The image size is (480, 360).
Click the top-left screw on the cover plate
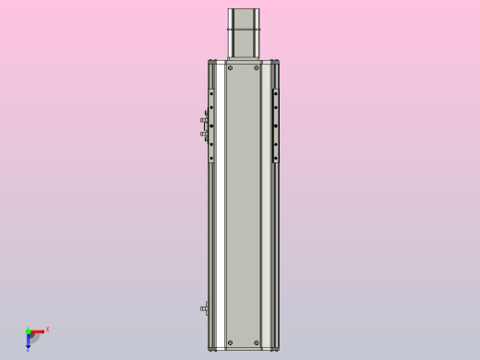pyautogui.click(x=230, y=67)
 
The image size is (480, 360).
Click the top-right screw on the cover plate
pyautogui.click(x=257, y=67)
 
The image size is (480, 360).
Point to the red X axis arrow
pyautogui.click(x=38, y=330)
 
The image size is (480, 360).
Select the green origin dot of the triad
pyautogui.click(x=28, y=330)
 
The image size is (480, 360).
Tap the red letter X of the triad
pyautogui.click(x=47, y=329)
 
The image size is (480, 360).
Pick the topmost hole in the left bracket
pyautogui.click(x=211, y=93)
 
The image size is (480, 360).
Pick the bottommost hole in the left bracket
pyautogui.click(x=211, y=158)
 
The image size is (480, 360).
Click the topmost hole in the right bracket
pyautogui.click(x=275, y=93)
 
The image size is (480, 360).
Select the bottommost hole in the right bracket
pyautogui.click(x=275, y=158)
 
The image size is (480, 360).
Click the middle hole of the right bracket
pyautogui.click(x=275, y=126)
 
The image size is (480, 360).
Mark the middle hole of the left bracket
pyautogui.click(x=211, y=126)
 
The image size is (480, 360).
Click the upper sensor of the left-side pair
pyautogui.click(x=204, y=120)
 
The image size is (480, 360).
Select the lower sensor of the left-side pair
pyautogui.click(x=204, y=135)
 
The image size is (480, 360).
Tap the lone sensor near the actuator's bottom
pyautogui.click(x=204, y=308)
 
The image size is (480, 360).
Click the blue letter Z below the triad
pyautogui.click(x=28, y=350)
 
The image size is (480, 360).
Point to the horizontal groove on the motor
pyautogui.click(x=244, y=31)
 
